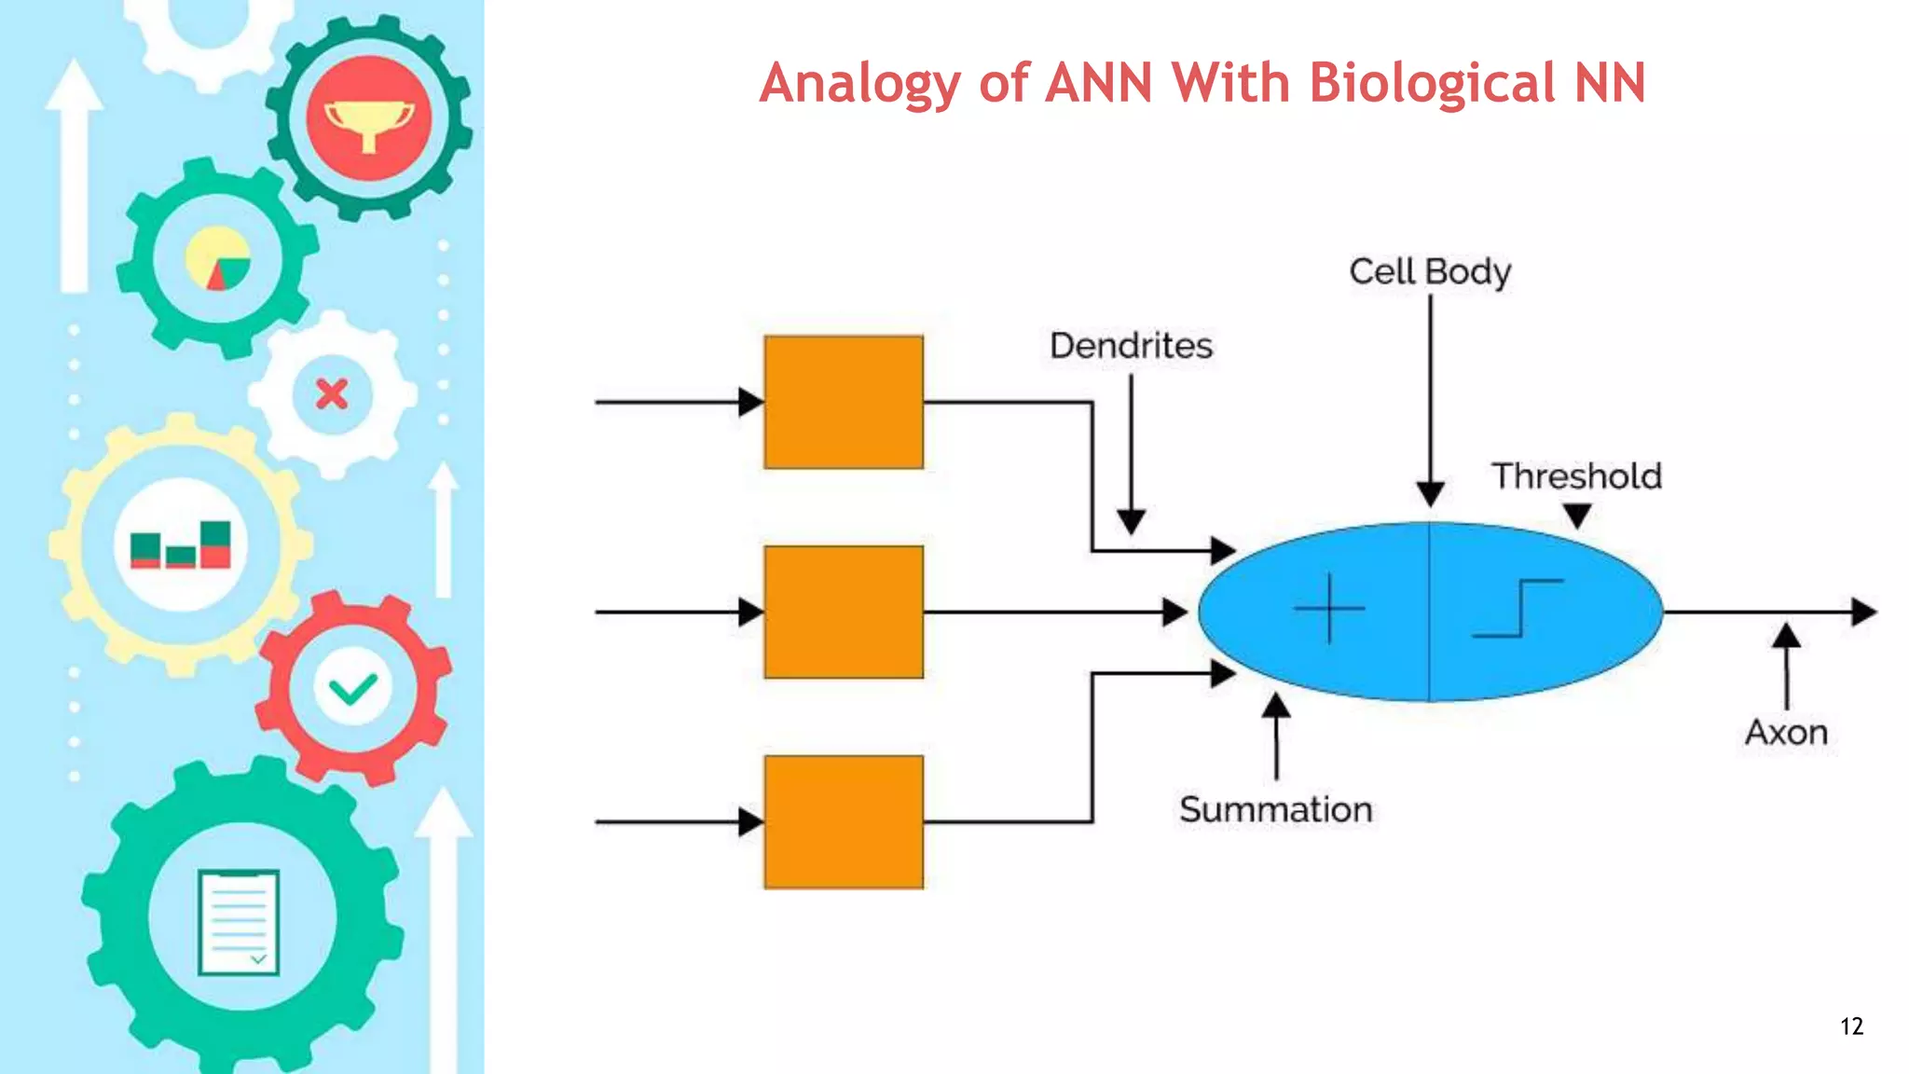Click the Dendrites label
[1131, 346]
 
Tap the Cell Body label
[1430, 272]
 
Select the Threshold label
[1576, 476]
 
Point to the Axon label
[1786, 733]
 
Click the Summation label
[1275, 809]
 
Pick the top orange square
[844, 402]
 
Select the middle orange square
[844, 612]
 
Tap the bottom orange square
[844, 821]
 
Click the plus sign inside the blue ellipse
[1329, 609]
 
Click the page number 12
[1851, 1026]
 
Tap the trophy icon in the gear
[368, 121]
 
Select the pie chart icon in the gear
[218, 258]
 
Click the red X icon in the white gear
[332, 394]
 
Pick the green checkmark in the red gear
[353, 690]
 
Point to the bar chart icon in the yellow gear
[181, 545]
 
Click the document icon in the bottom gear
[239, 922]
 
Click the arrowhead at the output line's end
[1863, 612]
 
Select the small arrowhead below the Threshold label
[1576, 515]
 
